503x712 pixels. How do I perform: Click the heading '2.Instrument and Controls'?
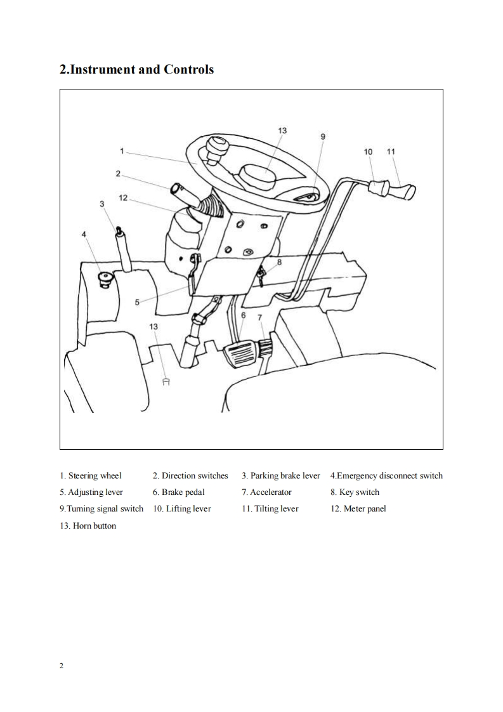(x=136, y=69)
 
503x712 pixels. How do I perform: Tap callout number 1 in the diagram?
(x=121, y=151)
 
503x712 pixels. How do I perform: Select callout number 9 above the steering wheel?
(x=322, y=136)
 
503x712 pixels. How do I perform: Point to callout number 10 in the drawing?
(x=369, y=152)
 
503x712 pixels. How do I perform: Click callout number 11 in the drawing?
(x=390, y=152)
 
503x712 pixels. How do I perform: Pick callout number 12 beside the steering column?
(x=123, y=198)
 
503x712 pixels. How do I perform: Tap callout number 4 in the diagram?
(x=83, y=234)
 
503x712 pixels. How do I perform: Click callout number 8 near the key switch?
(x=279, y=261)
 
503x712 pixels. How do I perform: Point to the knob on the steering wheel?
(x=216, y=148)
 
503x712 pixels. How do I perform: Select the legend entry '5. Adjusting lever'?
(x=91, y=492)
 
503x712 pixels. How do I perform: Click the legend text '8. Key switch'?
(x=355, y=492)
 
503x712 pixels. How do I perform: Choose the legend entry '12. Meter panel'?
(x=358, y=509)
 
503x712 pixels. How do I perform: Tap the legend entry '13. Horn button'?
(x=88, y=525)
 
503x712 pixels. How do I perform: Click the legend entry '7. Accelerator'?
(x=266, y=492)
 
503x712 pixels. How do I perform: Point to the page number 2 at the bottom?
(x=62, y=666)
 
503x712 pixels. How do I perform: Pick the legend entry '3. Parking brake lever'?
(x=280, y=476)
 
